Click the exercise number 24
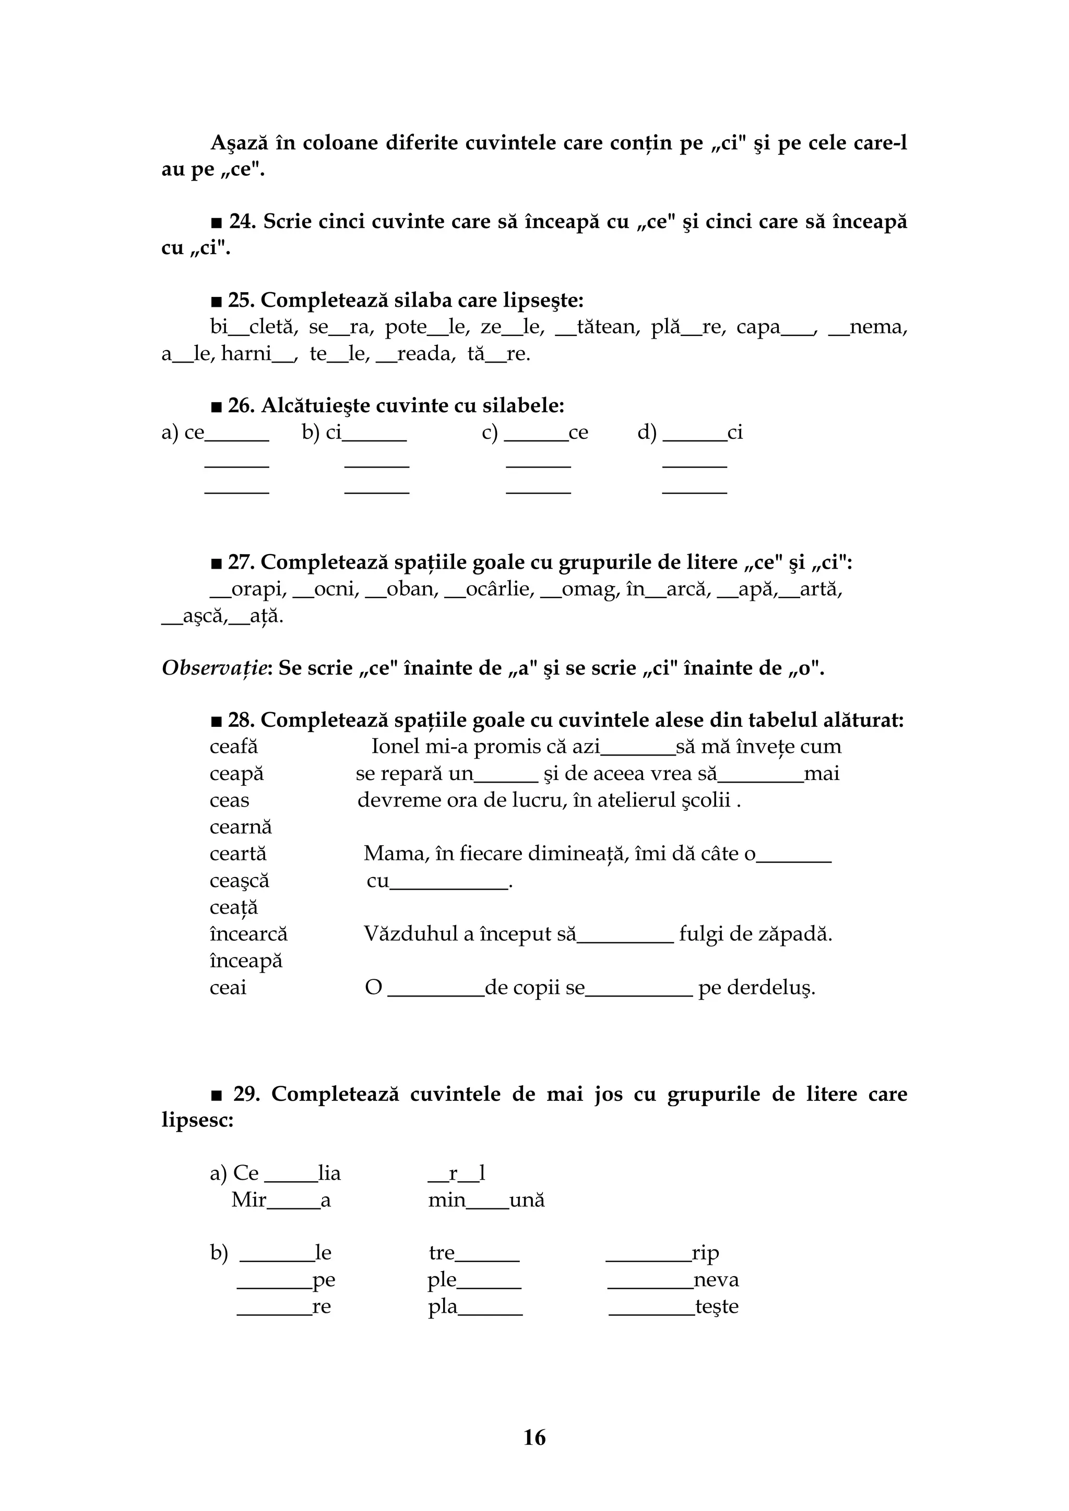click(x=242, y=222)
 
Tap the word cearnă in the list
click(x=240, y=827)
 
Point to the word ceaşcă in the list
click(x=240, y=881)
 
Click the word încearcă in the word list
click(x=248, y=934)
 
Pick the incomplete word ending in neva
click(x=673, y=1280)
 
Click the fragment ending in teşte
click(x=673, y=1306)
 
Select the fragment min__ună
click(x=486, y=1201)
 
